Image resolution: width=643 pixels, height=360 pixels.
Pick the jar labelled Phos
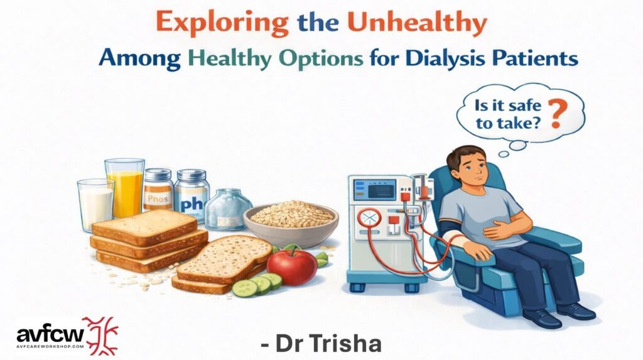[x=158, y=190]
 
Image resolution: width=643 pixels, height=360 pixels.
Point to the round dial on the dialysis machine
[x=369, y=217]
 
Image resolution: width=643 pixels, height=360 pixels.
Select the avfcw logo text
[x=50, y=334]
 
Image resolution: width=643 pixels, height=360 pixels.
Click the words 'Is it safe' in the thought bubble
[x=507, y=106]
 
